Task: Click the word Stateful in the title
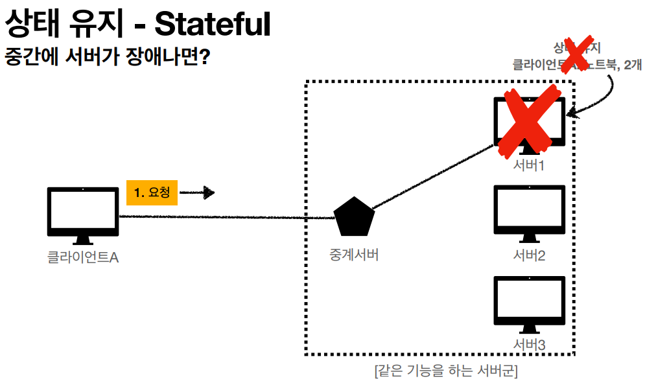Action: tap(212, 25)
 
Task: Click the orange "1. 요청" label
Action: tap(152, 192)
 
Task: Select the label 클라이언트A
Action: tap(83, 257)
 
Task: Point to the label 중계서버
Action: tap(353, 255)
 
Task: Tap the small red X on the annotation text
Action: tap(574, 54)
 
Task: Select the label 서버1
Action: tap(528, 165)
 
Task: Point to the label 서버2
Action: tap(529, 255)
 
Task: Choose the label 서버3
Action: tap(529, 345)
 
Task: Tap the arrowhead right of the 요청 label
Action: tap(208, 192)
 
